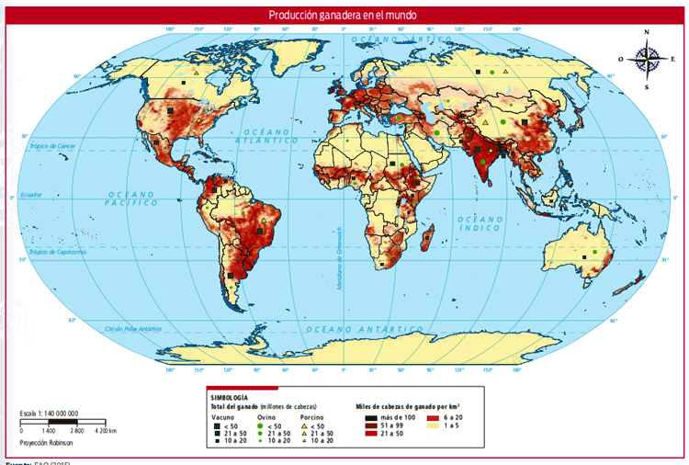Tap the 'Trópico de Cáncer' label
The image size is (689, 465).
[x=52, y=147]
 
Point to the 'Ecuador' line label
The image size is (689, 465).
[x=32, y=195]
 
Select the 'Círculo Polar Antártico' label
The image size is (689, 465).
[x=132, y=328]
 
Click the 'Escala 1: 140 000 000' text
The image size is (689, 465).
[x=50, y=414]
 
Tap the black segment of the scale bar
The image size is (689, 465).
[x=63, y=422]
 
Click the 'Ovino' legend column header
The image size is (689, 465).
[x=266, y=417]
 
